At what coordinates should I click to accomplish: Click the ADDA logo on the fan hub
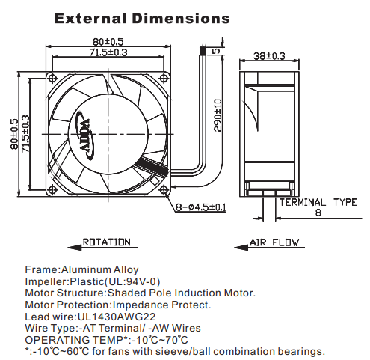pyautogui.click(x=85, y=135)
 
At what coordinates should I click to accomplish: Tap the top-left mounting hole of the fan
pyautogui.click(x=52, y=78)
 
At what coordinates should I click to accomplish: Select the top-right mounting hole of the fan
pyautogui.click(x=164, y=78)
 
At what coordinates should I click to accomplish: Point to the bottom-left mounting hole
pyautogui.click(x=52, y=190)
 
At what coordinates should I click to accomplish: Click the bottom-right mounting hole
pyautogui.click(x=164, y=190)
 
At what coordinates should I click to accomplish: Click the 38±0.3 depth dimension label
pyautogui.click(x=269, y=56)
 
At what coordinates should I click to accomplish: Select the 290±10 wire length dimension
pyautogui.click(x=218, y=115)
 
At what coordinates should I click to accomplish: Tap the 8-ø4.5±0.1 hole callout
pyautogui.click(x=201, y=207)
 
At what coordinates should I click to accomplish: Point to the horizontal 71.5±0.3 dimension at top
pyautogui.click(x=108, y=52)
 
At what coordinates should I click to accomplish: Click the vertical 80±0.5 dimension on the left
pyautogui.click(x=14, y=134)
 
